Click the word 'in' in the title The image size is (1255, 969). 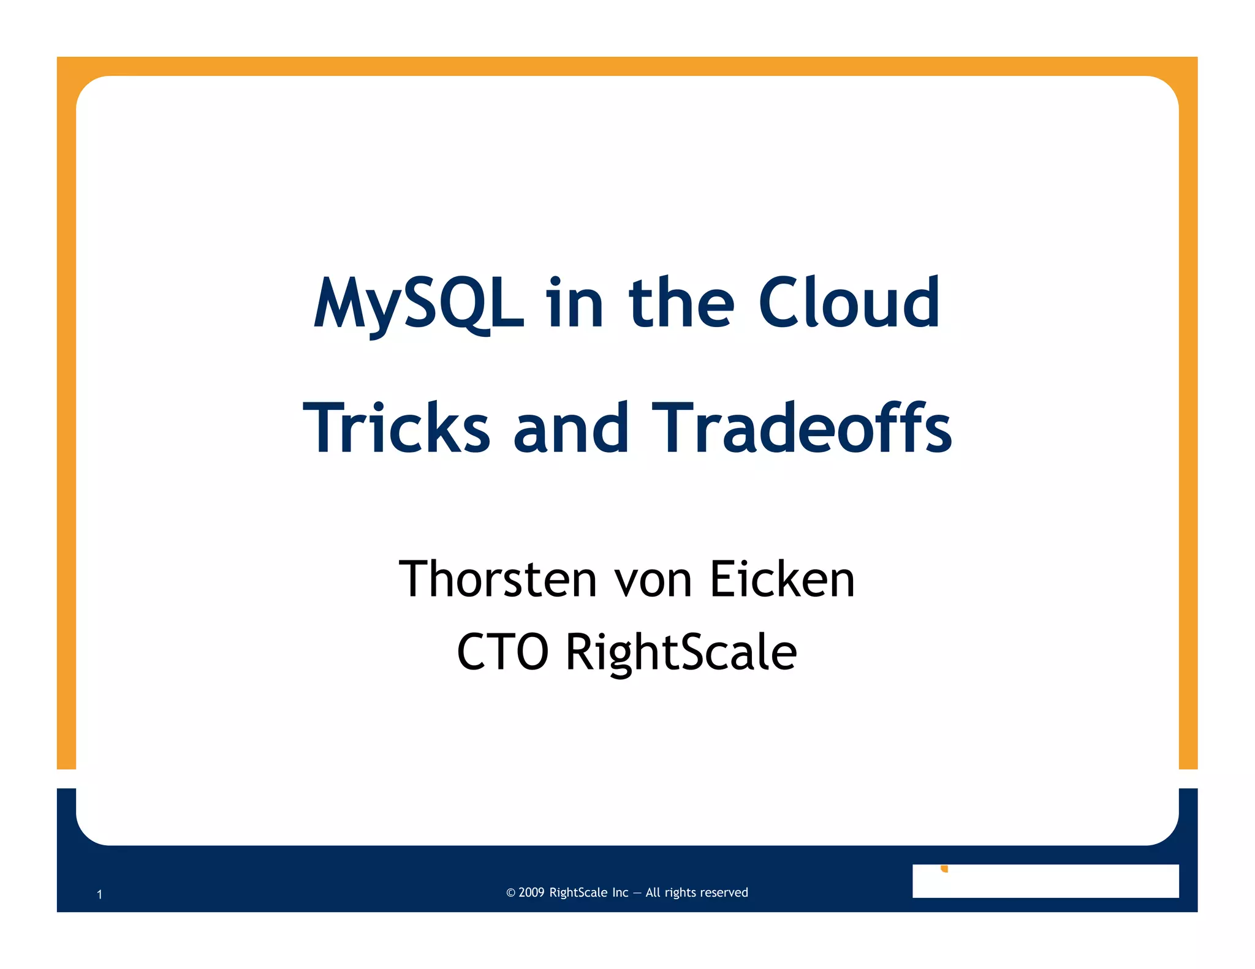coord(575,303)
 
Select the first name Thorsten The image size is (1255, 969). coord(498,579)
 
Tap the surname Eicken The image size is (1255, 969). coord(782,579)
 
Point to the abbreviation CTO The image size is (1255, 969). coord(502,652)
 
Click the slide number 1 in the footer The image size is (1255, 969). coord(99,895)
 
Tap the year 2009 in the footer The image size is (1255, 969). coord(531,892)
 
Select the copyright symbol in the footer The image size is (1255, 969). coord(510,893)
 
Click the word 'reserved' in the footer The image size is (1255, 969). coord(722,892)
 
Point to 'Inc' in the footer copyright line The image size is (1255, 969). coord(620,892)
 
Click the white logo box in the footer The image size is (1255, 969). coord(1045,881)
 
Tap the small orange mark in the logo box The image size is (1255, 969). coord(944,869)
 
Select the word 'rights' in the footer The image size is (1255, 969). coord(679,893)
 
